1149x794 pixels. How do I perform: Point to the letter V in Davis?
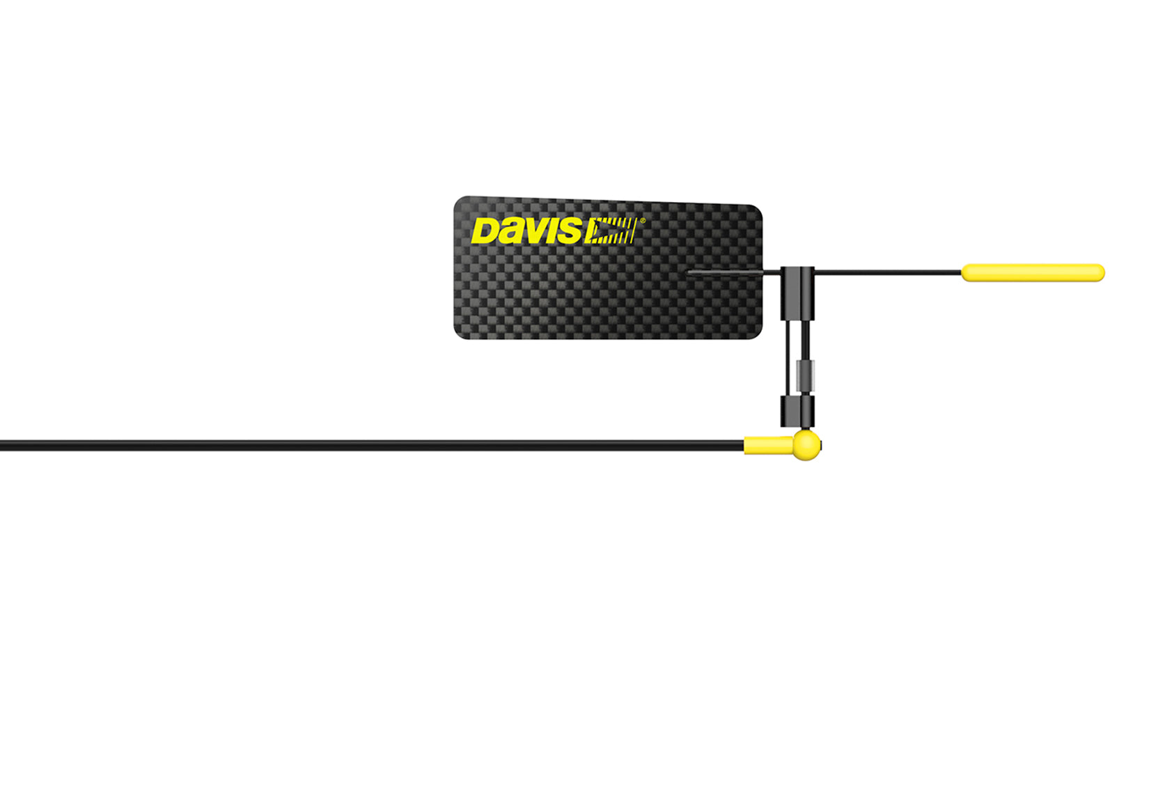pos(531,231)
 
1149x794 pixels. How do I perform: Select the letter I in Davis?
pos(550,231)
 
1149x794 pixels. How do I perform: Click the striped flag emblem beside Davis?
pos(610,231)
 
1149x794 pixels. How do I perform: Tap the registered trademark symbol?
pos(642,221)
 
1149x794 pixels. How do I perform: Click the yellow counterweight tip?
pos(1033,272)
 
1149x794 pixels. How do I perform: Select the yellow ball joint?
pos(806,445)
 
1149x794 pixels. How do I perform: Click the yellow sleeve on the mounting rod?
pos(769,445)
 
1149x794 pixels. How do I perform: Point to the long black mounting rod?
pos(372,445)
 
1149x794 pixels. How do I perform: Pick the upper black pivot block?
pos(797,293)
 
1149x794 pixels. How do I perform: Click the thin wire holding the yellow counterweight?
pos(888,272)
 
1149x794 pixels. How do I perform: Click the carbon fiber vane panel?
pos(608,268)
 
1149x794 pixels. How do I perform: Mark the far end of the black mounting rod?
pos(1,445)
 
